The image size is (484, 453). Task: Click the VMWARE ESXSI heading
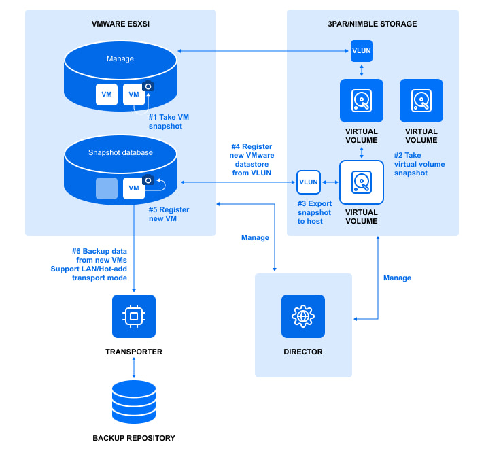point(120,24)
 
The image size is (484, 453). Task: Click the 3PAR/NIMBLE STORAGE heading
point(372,24)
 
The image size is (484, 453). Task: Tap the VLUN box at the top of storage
point(361,51)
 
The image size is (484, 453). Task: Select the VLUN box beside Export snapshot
point(309,182)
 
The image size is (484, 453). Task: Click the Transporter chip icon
point(134,316)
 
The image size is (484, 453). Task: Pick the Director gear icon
point(303,316)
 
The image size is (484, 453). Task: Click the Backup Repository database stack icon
point(134,402)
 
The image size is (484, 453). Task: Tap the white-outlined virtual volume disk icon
point(362,182)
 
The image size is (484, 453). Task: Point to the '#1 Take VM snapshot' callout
point(169,122)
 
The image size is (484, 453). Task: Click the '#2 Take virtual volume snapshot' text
point(419,164)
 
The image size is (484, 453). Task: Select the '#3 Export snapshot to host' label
point(314,212)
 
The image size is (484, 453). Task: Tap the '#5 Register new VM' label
point(169,214)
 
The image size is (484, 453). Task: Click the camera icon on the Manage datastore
point(149,86)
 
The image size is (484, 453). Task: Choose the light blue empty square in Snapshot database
point(107,188)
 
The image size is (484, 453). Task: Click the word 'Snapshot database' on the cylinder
point(120,152)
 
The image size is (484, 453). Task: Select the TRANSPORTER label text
point(134,352)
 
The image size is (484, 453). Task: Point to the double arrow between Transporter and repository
point(134,368)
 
